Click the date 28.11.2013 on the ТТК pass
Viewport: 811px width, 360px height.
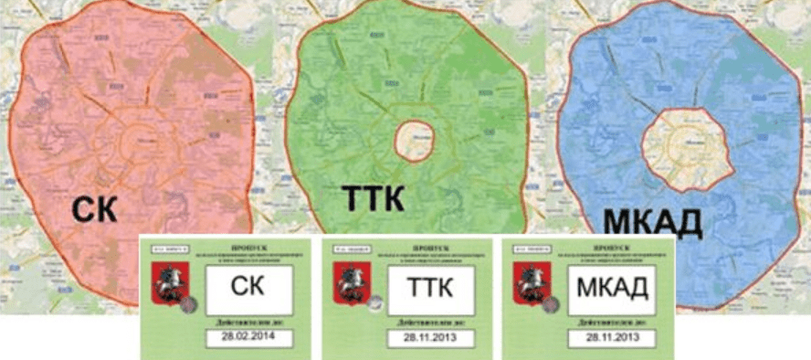point(412,339)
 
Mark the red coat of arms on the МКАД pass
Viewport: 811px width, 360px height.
point(525,279)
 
